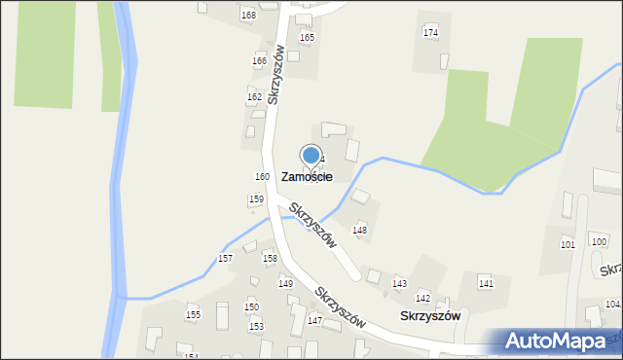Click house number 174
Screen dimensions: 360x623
click(430, 33)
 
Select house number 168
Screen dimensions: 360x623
click(248, 16)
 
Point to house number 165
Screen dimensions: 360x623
click(307, 38)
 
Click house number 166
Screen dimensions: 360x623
click(259, 61)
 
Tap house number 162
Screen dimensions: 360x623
click(254, 97)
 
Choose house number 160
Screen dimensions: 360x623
click(262, 176)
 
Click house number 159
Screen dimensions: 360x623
click(255, 199)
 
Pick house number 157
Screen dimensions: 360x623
click(225, 258)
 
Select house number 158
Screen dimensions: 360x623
click(270, 258)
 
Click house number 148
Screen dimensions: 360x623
click(359, 231)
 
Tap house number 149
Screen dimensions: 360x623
click(285, 283)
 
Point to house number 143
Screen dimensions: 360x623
click(399, 283)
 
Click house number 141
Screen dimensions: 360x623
click(486, 283)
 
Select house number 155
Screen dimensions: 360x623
click(193, 315)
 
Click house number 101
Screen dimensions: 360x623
click(568, 244)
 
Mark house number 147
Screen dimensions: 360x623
click(314, 320)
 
